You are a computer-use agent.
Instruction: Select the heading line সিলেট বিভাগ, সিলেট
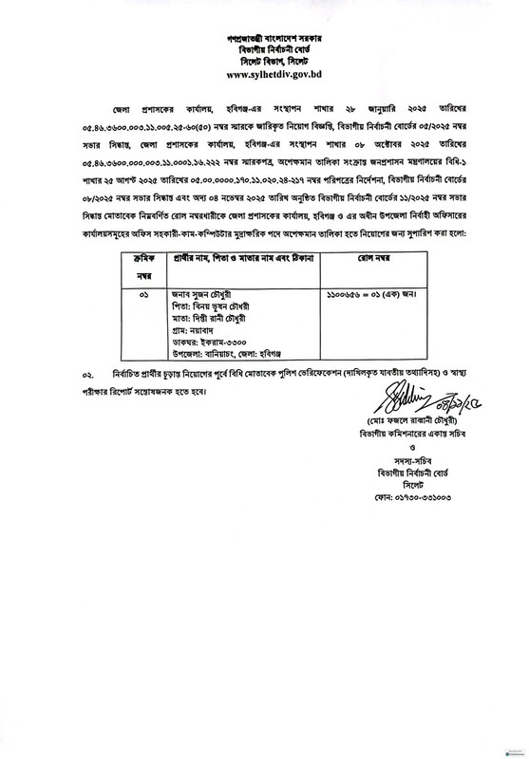point(264,59)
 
